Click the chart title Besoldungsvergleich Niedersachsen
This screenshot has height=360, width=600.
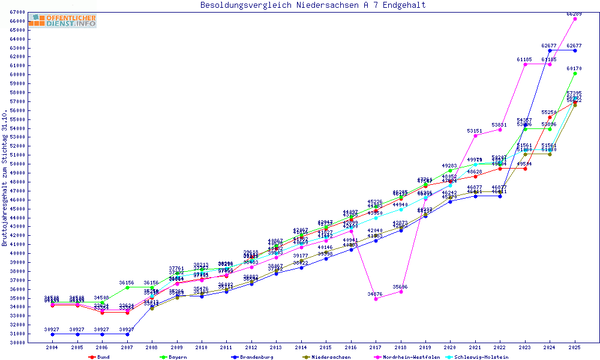point(313,5)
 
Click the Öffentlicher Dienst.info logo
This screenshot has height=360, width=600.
point(62,20)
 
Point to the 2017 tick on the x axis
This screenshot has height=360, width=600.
point(376,347)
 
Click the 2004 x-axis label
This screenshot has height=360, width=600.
point(52,347)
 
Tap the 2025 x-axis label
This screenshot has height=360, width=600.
point(575,347)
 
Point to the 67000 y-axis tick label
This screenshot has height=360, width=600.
point(16,12)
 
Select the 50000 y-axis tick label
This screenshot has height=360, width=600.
point(16,164)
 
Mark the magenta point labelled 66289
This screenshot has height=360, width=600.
point(575,19)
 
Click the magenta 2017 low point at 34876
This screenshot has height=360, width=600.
point(376,299)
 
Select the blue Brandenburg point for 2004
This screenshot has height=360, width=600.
point(52,334)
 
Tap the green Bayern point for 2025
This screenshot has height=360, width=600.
point(575,73)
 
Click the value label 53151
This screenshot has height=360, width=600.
point(475,130)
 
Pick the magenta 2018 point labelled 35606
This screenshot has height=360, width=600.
point(401,292)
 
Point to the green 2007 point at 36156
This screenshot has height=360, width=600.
point(127,287)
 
